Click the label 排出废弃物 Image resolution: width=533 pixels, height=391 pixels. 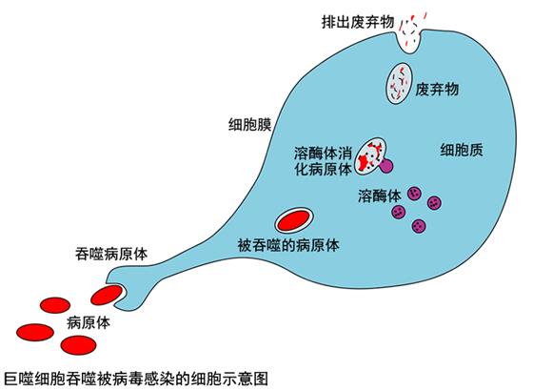pos(358,22)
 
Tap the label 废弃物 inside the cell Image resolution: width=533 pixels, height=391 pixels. pos(437,90)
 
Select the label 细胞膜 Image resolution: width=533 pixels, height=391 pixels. pos(249,125)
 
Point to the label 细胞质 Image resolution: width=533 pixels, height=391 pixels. pos(462,150)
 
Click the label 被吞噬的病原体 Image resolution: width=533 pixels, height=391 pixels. pos(288,245)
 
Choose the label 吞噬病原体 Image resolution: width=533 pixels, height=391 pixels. pos(111,254)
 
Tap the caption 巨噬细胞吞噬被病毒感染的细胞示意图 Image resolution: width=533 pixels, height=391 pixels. pos(136,379)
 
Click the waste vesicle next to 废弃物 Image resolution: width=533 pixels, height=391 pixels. pos(399,84)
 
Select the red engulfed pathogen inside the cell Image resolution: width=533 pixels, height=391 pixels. pos(293,220)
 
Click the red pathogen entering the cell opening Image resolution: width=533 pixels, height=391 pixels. pos(107,295)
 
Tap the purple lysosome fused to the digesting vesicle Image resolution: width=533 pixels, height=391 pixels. pos(386,165)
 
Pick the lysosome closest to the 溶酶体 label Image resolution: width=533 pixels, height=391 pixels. pos(414,194)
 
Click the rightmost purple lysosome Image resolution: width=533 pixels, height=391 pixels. pos(434,203)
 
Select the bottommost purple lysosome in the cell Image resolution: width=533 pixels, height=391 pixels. pos(419,225)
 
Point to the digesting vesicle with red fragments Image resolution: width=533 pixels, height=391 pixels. pos(370,155)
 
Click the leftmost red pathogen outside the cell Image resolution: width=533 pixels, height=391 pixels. pos(35,333)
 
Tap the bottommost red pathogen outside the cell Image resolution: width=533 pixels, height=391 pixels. pos(78,345)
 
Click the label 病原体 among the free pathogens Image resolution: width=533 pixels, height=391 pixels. pos(89,322)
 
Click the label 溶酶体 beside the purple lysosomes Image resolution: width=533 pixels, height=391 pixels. pos(380,195)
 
